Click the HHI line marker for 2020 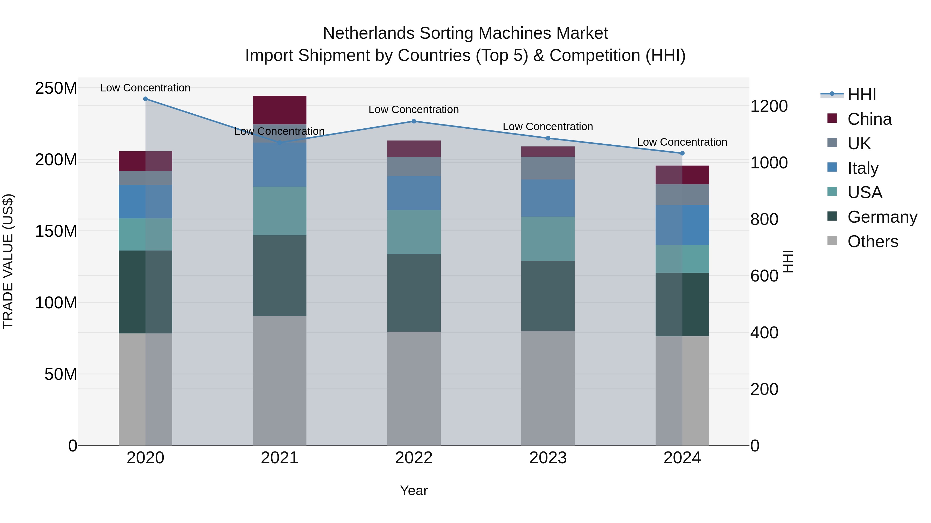pos(145,99)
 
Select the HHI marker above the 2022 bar pos(414,121)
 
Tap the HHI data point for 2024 pos(682,153)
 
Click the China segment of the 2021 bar pos(279,110)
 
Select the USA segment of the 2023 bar pos(548,239)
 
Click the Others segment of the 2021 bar pos(279,380)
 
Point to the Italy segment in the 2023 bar pos(548,198)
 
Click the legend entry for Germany pos(882,217)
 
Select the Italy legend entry pos(863,168)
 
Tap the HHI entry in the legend pos(862,95)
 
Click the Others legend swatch pos(832,241)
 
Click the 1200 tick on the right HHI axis pos(769,106)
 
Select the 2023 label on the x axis pos(548,458)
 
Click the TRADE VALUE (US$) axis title pos(8,261)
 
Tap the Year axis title pos(414,490)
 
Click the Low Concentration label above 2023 pos(548,127)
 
